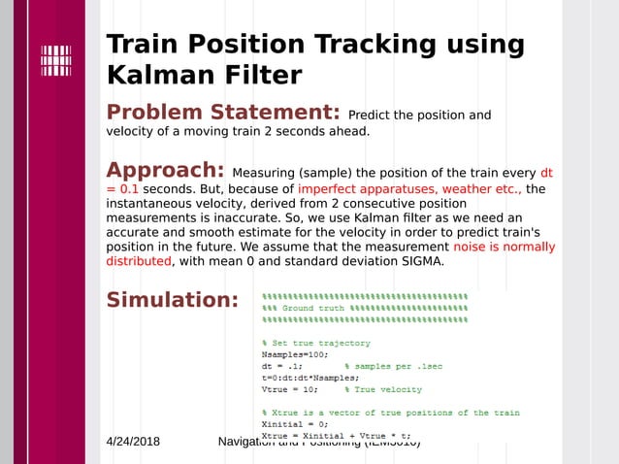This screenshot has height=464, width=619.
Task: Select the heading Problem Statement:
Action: (x=222, y=113)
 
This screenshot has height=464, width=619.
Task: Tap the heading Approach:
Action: (x=165, y=170)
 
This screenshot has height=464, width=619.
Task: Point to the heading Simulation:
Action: (x=172, y=299)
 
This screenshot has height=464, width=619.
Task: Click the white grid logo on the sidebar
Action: (x=55, y=60)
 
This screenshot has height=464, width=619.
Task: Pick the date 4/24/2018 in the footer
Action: (x=133, y=442)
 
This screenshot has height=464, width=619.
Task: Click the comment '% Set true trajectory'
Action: (x=316, y=343)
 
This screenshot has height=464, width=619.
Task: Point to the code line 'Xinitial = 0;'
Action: (x=295, y=424)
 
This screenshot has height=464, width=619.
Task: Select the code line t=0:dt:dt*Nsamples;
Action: (x=310, y=378)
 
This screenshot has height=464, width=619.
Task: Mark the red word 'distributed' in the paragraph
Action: (x=139, y=261)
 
